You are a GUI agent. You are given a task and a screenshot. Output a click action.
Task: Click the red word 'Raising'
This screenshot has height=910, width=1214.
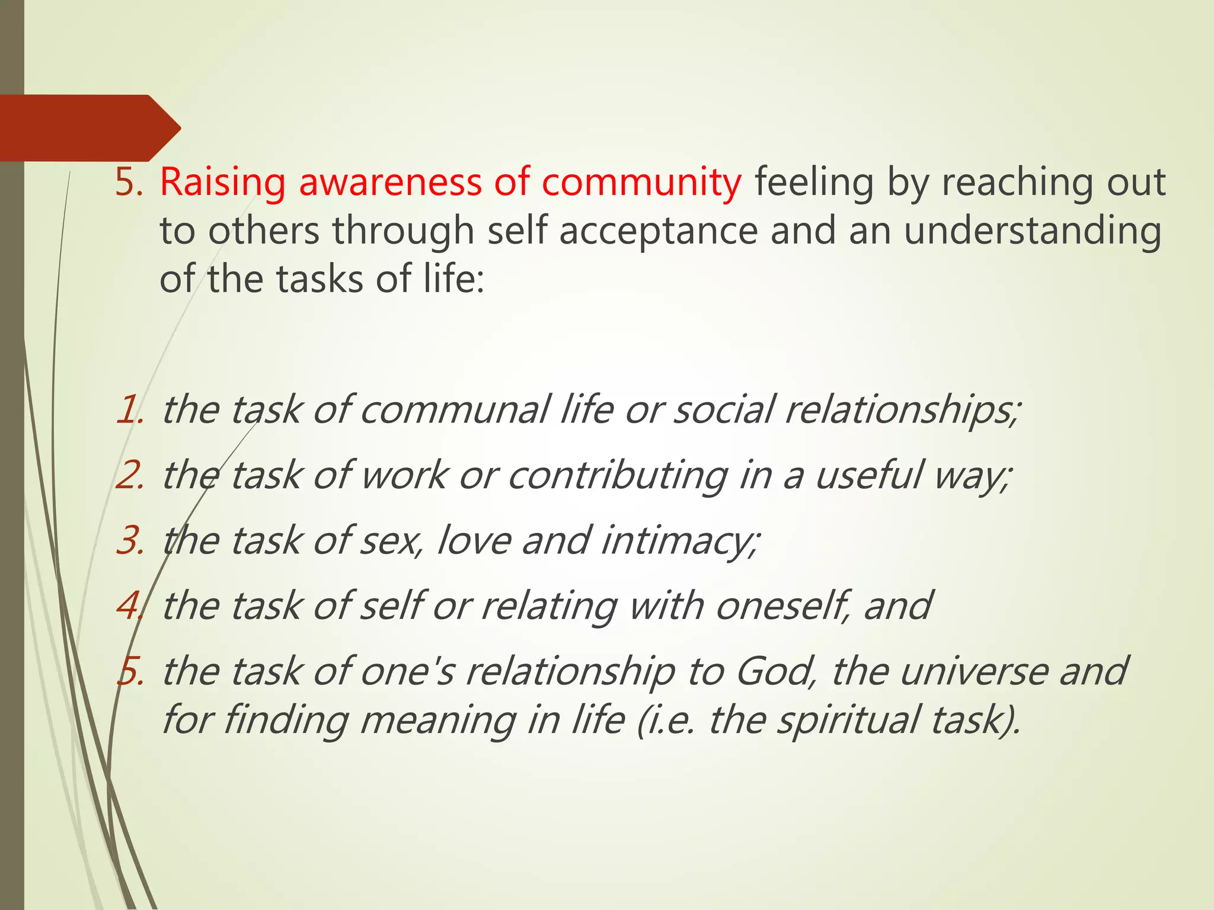pyautogui.click(x=222, y=182)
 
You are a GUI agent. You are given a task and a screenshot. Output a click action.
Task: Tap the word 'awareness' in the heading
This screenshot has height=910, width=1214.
pyautogui.click(x=390, y=182)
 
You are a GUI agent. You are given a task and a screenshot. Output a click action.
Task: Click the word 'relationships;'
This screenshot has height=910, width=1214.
pyautogui.click(x=902, y=409)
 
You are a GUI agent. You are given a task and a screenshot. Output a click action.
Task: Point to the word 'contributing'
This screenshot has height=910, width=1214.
pyautogui.click(x=618, y=475)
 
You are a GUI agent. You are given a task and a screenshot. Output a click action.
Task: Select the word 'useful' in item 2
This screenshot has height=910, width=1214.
pyautogui.click(x=868, y=475)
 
